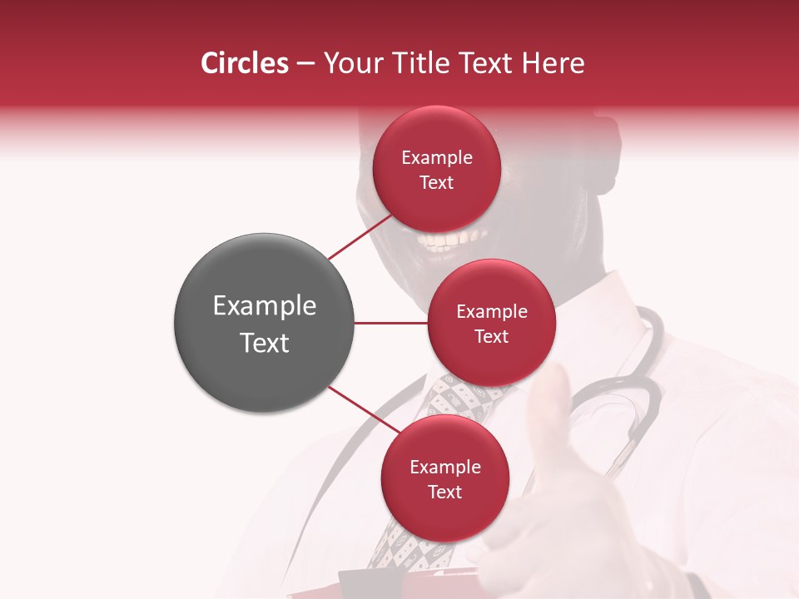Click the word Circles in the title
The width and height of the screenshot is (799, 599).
[245, 63]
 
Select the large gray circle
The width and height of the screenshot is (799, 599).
[264, 323]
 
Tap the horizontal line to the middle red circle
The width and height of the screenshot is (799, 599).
[390, 323]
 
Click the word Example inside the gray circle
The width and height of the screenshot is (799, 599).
[264, 306]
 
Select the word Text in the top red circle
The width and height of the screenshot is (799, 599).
[437, 182]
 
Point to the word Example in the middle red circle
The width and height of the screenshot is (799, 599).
[491, 312]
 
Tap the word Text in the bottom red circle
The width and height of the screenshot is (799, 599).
[444, 492]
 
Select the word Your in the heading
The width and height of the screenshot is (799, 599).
[350, 63]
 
